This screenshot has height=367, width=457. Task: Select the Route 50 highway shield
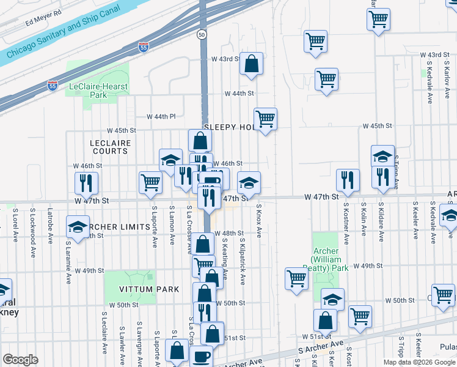[x=202, y=35]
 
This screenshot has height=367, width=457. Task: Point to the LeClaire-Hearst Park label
[x=98, y=91]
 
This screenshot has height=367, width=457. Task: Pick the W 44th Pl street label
[x=161, y=116]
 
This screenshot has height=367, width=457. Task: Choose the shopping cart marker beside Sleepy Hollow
[x=265, y=119]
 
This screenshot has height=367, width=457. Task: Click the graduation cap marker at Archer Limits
[x=78, y=228]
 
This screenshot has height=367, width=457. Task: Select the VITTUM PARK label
[x=141, y=289]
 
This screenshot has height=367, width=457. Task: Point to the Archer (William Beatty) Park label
[x=331, y=259]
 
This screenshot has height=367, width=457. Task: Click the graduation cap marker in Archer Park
[x=332, y=300]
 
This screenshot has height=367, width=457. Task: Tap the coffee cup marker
[x=201, y=357]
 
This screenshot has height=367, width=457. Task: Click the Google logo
[x=20, y=359]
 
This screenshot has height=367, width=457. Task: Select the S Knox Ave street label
[x=259, y=221]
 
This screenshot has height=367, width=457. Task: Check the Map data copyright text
[x=419, y=362]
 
